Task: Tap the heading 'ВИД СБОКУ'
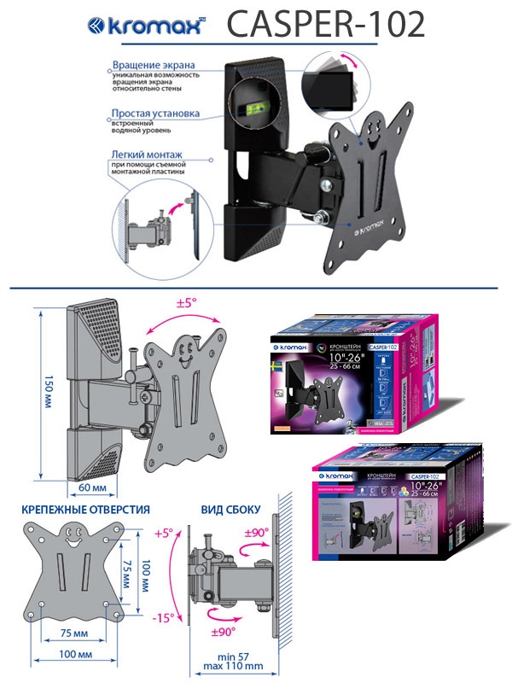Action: tap(230, 510)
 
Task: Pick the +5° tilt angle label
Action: tap(165, 533)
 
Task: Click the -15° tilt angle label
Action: tap(165, 617)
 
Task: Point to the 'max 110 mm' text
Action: tap(232, 666)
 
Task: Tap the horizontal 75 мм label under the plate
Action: tap(75, 633)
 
